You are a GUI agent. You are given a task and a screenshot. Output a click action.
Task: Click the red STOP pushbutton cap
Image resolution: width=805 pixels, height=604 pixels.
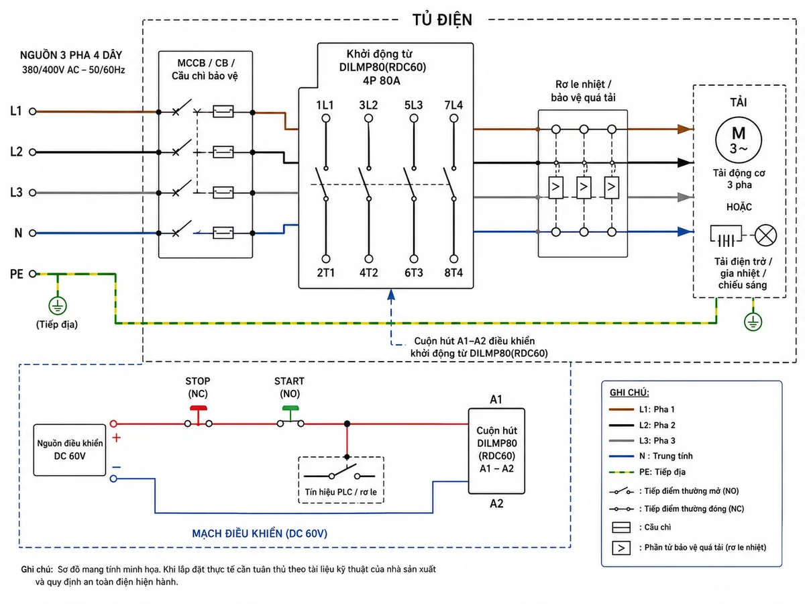coord(199,408)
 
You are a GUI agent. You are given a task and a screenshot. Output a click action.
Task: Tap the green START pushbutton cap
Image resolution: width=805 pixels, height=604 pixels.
coord(290,408)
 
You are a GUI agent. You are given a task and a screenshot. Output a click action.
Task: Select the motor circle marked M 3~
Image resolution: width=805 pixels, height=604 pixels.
coord(739,140)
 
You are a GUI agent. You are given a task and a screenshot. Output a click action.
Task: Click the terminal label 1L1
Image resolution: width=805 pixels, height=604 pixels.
coord(325,105)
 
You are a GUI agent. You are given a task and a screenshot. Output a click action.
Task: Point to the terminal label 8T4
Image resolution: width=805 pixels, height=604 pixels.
coord(453,272)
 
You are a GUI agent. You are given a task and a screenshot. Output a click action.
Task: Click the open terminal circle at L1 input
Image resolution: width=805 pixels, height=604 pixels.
coord(33,111)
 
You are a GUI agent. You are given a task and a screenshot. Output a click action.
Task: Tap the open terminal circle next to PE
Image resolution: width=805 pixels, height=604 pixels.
coord(33,274)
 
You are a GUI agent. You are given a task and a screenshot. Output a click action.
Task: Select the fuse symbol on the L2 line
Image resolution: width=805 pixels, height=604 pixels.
coord(223,152)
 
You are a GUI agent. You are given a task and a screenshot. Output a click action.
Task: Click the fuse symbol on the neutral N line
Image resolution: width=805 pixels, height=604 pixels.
coord(223,233)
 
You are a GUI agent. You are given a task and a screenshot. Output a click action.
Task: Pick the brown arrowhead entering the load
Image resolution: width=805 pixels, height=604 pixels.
coord(685,129)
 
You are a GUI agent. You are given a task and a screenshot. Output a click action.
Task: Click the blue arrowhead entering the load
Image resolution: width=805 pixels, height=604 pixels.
coord(685,232)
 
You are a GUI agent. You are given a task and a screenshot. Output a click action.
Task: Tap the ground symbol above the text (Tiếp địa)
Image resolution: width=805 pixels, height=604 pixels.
coord(58,306)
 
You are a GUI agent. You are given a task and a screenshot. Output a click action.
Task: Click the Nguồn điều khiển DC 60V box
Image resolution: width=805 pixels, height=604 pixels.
coord(70,450)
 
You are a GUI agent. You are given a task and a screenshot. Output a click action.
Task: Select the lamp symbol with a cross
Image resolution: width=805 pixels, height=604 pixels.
coord(765,235)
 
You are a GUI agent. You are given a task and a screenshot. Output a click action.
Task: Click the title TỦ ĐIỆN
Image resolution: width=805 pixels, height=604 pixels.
coord(442,20)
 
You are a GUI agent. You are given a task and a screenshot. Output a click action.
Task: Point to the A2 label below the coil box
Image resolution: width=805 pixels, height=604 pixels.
coord(496,503)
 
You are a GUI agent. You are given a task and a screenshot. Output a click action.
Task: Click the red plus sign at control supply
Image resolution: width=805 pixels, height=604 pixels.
coord(116,438)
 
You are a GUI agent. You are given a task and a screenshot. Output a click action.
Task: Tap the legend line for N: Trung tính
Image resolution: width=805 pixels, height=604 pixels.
coord(621,456)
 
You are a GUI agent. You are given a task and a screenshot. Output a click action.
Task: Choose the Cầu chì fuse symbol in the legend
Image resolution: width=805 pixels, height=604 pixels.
coord(621,527)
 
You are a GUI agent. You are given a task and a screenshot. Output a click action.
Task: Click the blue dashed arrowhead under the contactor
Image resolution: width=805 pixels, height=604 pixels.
coord(391,295)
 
